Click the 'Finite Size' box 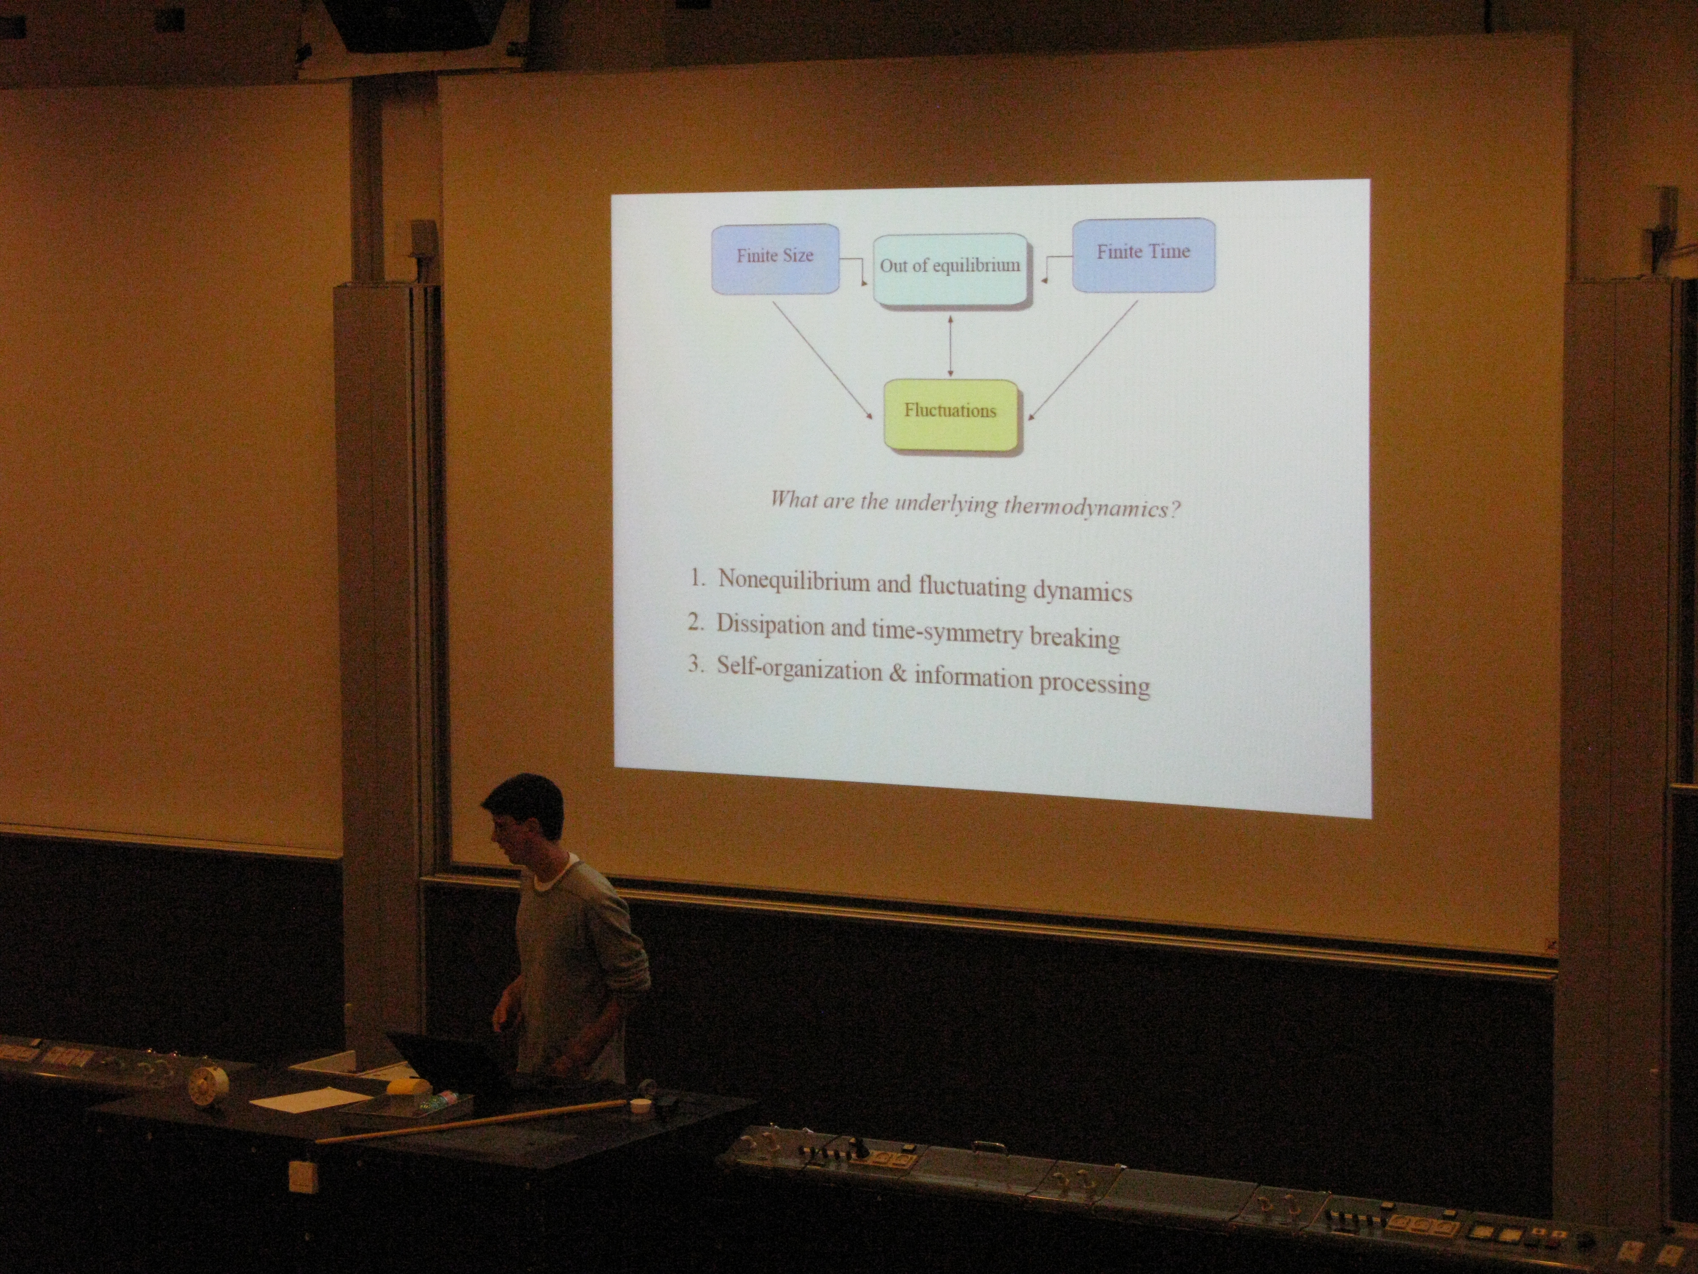coord(775,259)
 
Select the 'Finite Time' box coord(1143,255)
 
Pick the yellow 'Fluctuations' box coord(951,414)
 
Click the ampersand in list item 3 coord(898,674)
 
